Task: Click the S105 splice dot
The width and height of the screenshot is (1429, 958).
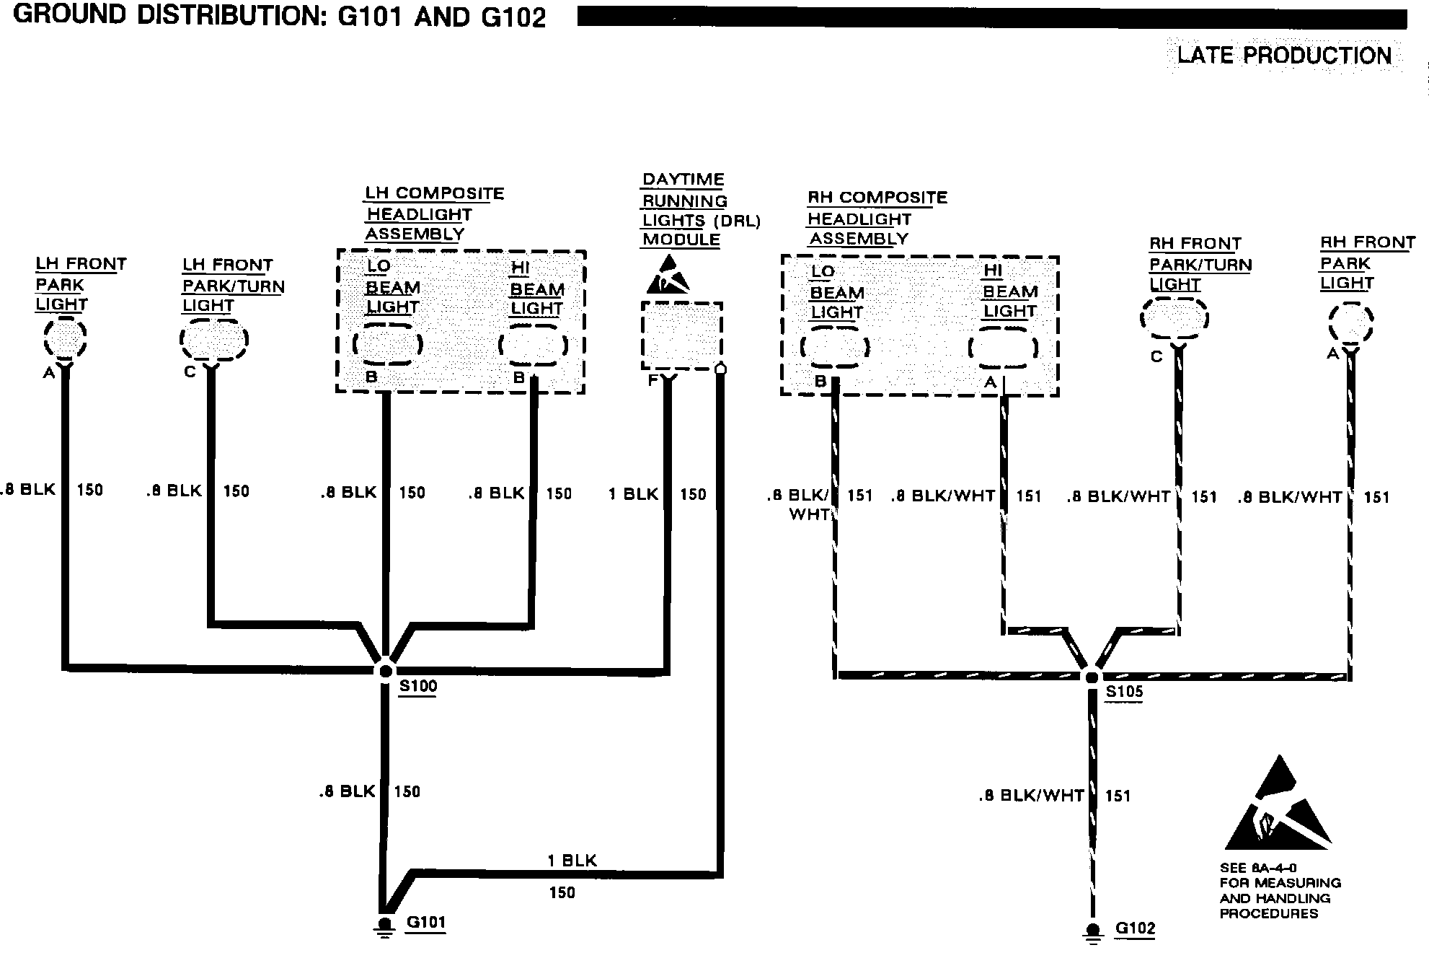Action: (x=1092, y=677)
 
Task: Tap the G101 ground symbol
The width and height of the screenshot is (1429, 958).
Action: (x=385, y=927)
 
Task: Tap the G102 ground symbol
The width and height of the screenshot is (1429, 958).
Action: (x=1093, y=933)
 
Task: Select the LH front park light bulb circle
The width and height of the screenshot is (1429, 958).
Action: (x=65, y=338)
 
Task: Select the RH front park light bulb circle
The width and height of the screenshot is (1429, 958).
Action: (x=1350, y=323)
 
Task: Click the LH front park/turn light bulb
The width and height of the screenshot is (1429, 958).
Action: (x=214, y=339)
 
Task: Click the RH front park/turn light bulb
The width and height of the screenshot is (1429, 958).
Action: (x=1174, y=318)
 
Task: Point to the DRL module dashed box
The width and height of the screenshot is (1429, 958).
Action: (x=681, y=336)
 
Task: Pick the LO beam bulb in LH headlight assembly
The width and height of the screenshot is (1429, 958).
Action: (x=388, y=344)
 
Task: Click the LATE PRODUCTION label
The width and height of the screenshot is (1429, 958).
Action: (x=1284, y=56)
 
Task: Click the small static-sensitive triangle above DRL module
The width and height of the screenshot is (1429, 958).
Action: (x=668, y=275)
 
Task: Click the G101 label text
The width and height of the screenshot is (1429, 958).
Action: (x=426, y=922)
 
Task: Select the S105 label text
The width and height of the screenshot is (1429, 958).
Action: (x=1124, y=692)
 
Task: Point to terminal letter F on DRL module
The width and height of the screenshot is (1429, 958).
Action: (x=653, y=379)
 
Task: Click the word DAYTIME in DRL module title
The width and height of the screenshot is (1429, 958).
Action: (x=683, y=180)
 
